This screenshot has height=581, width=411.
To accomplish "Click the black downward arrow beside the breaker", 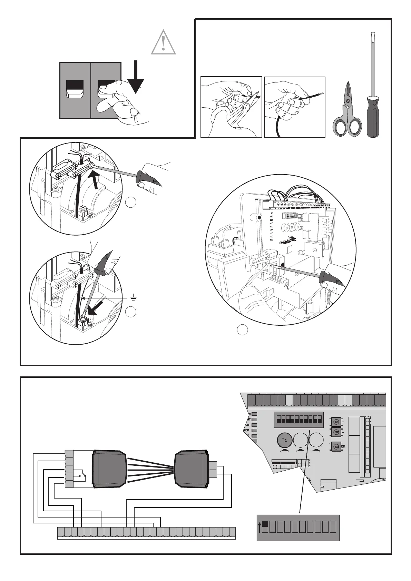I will [x=136, y=78].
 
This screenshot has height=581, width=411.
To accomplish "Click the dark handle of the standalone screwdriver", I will [x=372, y=116].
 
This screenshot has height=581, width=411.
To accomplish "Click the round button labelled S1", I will [x=336, y=422].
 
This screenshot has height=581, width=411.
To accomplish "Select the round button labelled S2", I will [x=336, y=432].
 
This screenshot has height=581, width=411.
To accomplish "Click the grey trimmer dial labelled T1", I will [x=284, y=441].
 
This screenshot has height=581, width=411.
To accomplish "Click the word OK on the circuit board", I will [x=343, y=446].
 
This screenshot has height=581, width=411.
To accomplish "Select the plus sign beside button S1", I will [x=343, y=422].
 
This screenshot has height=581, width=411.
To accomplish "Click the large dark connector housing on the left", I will [x=108, y=469].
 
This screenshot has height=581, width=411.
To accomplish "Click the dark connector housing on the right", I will [x=192, y=469].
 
